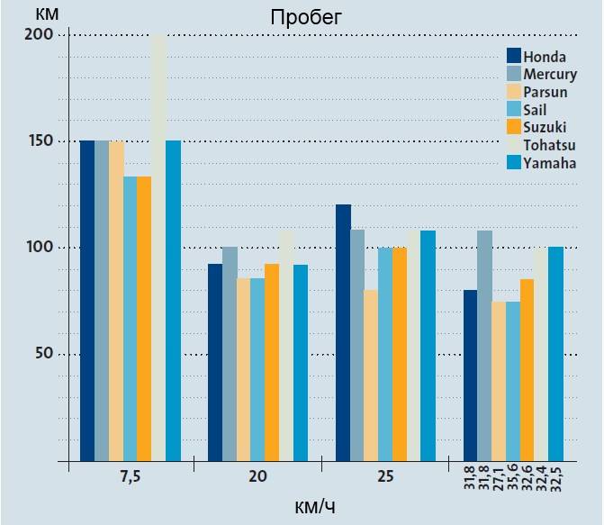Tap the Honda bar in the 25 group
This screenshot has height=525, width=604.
click(x=343, y=332)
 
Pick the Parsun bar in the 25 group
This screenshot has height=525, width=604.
click(x=371, y=375)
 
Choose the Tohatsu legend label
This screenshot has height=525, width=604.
click(x=549, y=145)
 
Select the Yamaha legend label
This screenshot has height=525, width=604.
click(x=549, y=163)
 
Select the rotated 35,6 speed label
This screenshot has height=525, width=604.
click(x=512, y=477)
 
